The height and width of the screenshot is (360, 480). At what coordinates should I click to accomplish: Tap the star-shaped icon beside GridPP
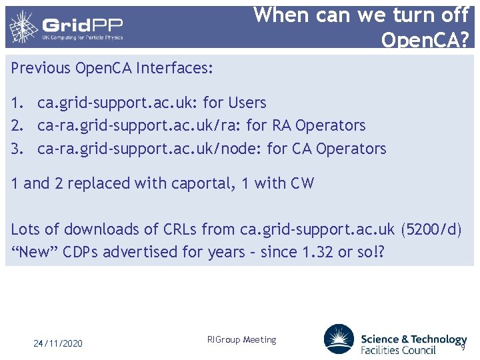click(x=23, y=27)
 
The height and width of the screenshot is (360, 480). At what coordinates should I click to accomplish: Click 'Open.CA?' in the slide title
click(x=425, y=40)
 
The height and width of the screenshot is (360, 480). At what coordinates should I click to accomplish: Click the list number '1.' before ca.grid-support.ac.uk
click(x=18, y=103)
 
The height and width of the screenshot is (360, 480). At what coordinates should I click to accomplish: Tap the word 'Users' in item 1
click(x=247, y=103)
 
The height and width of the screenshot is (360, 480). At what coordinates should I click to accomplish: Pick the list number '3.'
click(x=18, y=149)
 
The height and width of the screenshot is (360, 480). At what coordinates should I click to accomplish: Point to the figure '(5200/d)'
click(x=431, y=229)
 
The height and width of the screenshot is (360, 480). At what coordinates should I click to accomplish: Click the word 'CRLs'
click(x=180, y=229)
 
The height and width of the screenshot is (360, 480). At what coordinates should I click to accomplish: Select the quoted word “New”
click(x=34, y=252)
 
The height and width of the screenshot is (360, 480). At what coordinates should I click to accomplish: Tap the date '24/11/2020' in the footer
click(x=59, y=343)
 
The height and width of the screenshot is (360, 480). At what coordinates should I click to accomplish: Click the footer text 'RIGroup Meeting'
click(x=241, y=340)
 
